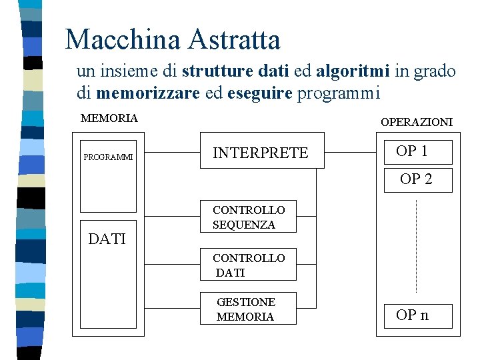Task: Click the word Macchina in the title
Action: tap(123, 40)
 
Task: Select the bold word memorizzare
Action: tap(147, 93)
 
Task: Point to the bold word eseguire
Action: tap(259, 93)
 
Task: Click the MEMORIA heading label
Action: tap(109, 119)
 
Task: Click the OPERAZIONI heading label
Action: tap(416, 122)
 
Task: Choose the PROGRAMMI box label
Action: tap(108, 158)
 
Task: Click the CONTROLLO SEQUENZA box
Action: tap(248, 218)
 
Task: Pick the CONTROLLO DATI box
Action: tap(248, 265)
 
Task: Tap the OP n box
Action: tap(418, 315)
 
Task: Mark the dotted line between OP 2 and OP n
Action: tap(416, 247)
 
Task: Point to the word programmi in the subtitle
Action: tap(338, 93)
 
